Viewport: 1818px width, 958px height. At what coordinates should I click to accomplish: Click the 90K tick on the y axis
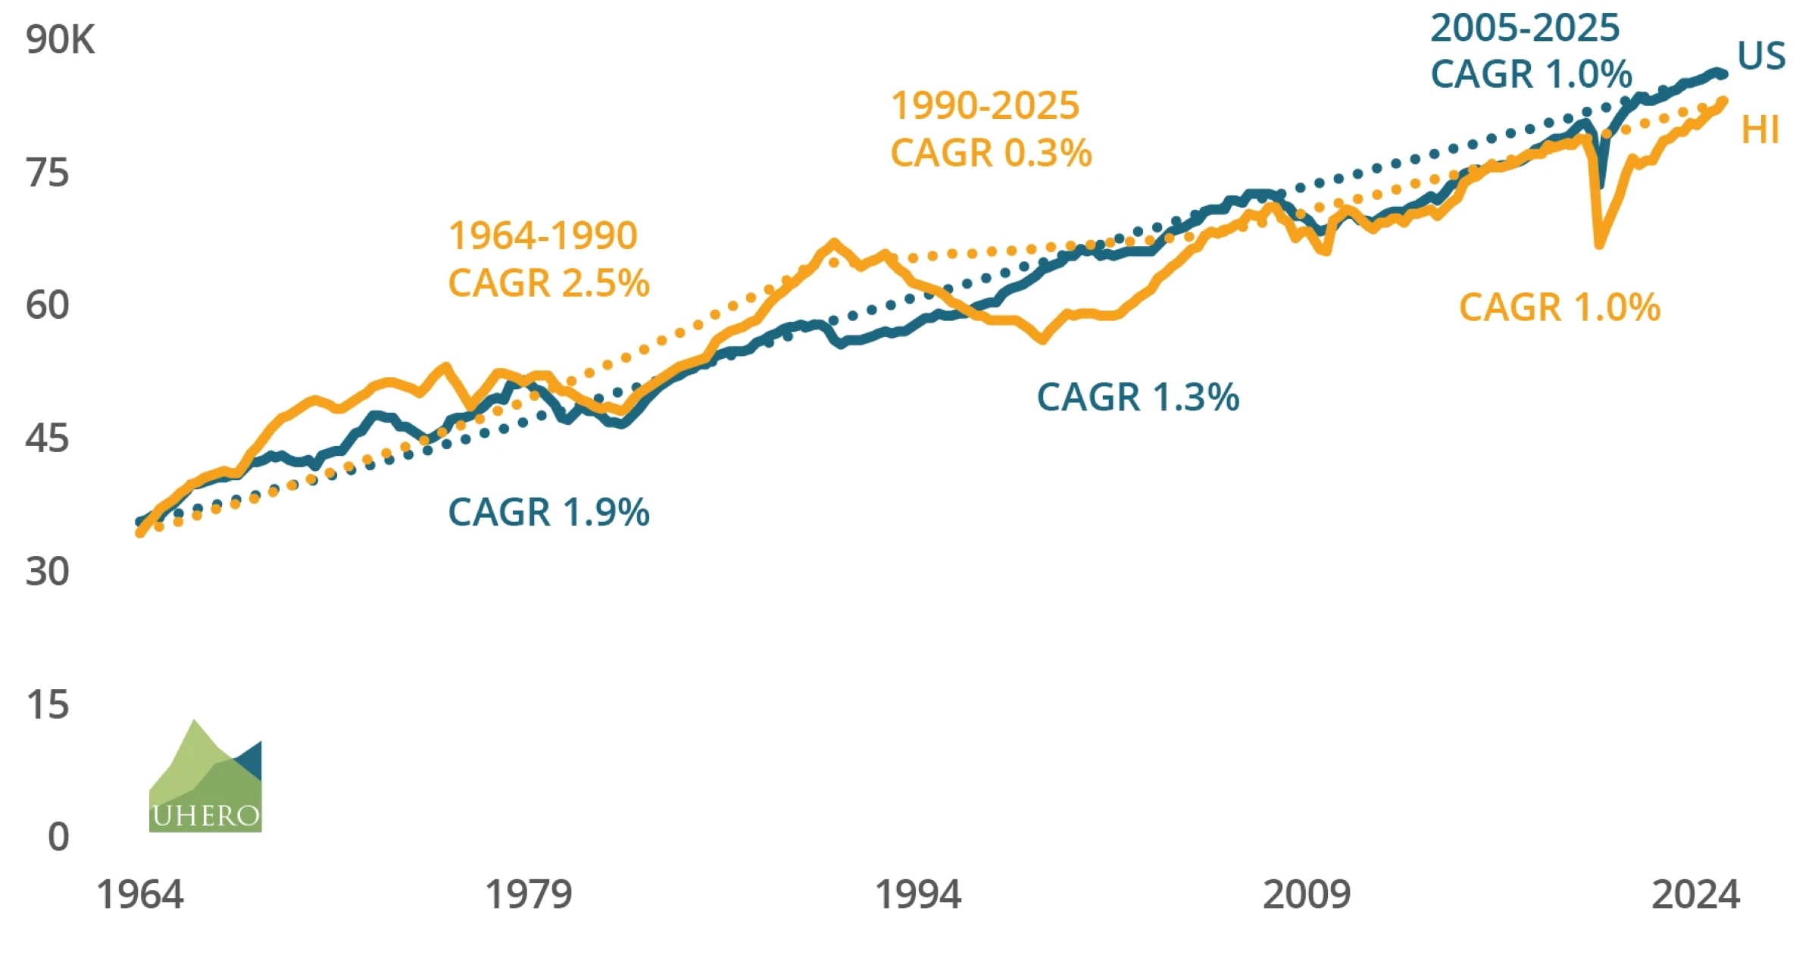pyautogui.click(x=60, y=39)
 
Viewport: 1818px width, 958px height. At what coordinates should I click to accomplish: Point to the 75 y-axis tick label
pyautogui.click(x=47, y=173)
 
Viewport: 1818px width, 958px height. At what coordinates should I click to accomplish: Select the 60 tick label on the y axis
pyautogui.click(x=47, y=306)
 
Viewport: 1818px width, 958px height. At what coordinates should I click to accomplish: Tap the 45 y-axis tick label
pyautogui.click(x=47, y=438)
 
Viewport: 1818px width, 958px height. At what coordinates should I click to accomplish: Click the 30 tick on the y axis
pyautogui.click(x=47, y=572)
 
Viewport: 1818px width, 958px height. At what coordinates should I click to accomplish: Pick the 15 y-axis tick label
pyautogui.click(x=47, y=705)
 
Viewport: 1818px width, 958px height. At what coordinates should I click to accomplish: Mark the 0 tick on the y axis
pyautogui.click(x=58, y=838)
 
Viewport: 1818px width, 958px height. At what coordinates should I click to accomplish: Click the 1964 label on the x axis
pyautogui.click(x=140, y=895)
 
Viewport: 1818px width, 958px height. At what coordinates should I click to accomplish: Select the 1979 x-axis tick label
pyautogui.click(x=528, y=895)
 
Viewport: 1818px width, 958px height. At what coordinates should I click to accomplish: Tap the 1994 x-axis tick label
pyautogui.click(x=918, y=895)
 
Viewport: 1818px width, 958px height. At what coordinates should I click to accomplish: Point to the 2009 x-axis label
pyautogui.click(x=1307, y=895)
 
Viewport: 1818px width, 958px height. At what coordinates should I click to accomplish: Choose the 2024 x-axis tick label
pyautogui.click(x=1695, y=895)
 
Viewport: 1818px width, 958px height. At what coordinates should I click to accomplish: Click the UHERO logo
pyautogui.click(x=205, y=777)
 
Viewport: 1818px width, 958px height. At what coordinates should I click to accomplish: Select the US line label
pyautogui.click(x=1761, y=56)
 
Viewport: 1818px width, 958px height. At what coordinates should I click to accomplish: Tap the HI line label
pyautogui.click(x=1760, y=130)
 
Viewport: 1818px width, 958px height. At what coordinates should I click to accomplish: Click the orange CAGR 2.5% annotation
pyautogui.click(x=548, y=283)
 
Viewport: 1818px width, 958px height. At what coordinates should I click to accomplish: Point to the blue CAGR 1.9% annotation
pyautogui.click(x=548, y=513)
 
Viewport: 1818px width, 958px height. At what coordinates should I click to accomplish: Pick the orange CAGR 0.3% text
pyautogui.click(x=991, y=153)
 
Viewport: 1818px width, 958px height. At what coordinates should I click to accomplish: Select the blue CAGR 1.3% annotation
pyautogui.click(x=1138, y=398)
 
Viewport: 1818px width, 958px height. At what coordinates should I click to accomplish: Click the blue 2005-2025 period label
pyautogui.click(x=1524, y=29)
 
